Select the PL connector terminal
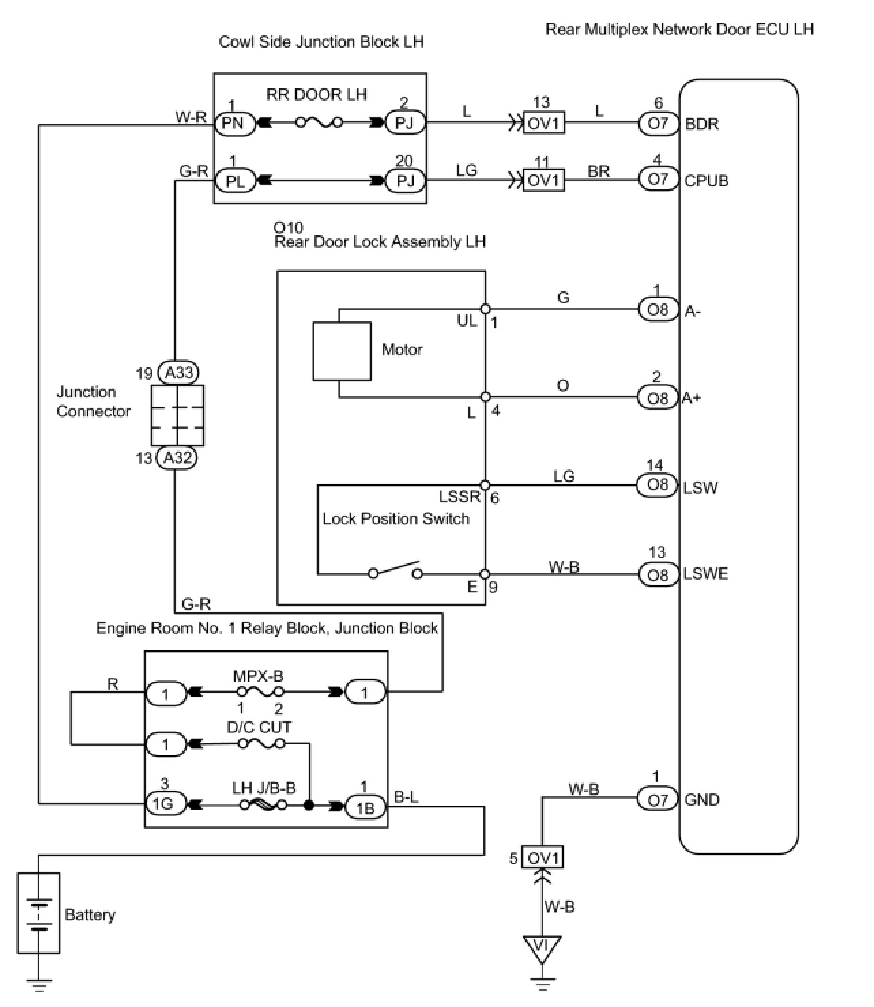point(235,182)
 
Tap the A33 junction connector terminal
point(178,373)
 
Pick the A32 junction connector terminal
point(177,458)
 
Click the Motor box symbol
point(342,351)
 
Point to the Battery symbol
point(39,913)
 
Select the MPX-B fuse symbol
point(259,693)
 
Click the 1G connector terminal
point(163,804)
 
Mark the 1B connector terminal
point(365,807)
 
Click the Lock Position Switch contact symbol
point(395,572)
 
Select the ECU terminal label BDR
point(702,125)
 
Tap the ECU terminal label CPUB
point(707,181)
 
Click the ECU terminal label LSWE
point(706,574)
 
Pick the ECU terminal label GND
point(702,799)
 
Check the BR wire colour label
point(598,171)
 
